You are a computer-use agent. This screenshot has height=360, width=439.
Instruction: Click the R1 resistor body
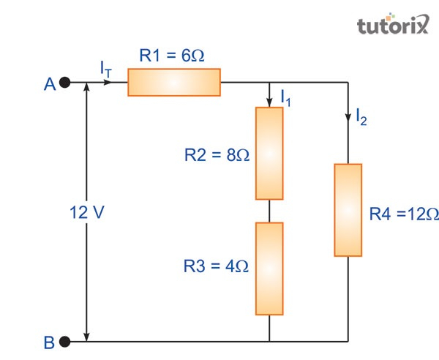point(174,83)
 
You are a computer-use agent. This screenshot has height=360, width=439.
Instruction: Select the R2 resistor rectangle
point(269,153)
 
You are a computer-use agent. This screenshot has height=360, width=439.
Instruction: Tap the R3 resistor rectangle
point(269,269)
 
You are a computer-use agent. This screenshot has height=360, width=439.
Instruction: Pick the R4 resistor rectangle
point(348,210)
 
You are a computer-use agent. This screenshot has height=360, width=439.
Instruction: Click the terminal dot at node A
point(65,83)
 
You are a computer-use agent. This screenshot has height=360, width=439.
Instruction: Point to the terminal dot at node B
point(65,341)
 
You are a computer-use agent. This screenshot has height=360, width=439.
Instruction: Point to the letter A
point(49,85)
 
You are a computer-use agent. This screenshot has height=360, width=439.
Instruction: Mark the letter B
point(49,342)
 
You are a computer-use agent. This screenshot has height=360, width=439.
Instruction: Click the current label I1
point(285,97)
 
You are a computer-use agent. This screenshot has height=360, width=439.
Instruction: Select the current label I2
point(361,116)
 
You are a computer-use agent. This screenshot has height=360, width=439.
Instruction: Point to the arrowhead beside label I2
point(348,114)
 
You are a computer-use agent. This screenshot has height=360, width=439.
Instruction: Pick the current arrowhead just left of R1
point(109,83)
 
